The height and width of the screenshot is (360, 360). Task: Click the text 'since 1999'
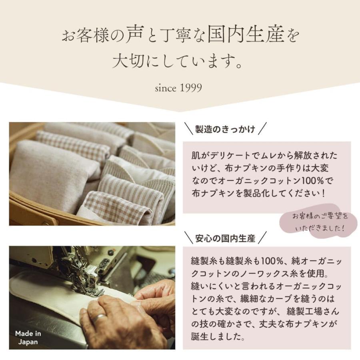[178, 88]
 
